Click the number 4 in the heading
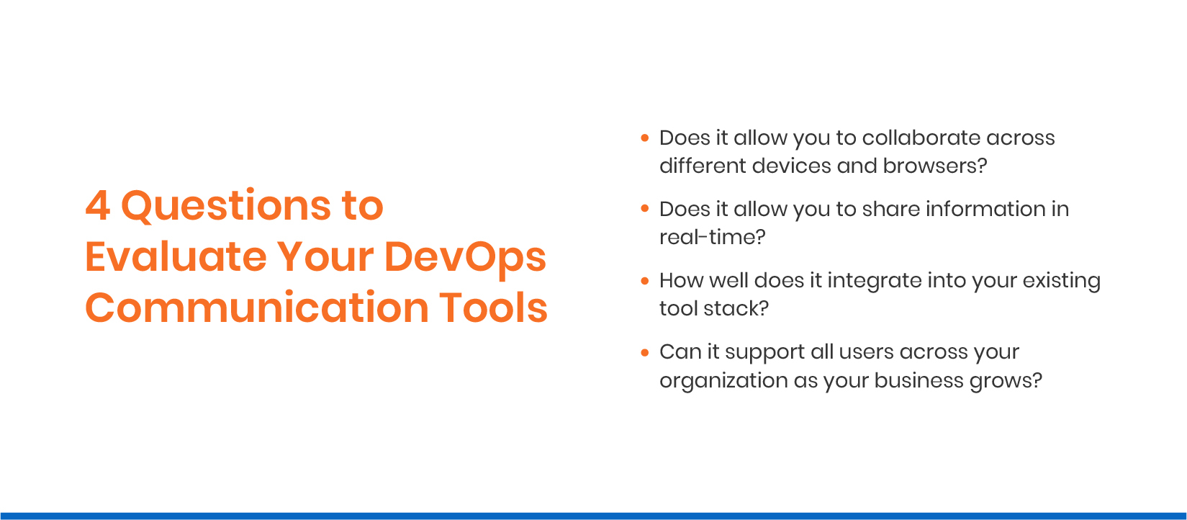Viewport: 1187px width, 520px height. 97,206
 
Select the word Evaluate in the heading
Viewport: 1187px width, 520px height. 176,257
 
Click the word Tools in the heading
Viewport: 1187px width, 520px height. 493,308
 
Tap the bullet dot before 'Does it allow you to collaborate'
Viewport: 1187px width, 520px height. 645,137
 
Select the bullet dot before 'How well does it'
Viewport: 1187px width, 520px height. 645,280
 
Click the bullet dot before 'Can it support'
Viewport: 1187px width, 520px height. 645,351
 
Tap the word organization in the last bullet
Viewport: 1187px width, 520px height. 723,380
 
